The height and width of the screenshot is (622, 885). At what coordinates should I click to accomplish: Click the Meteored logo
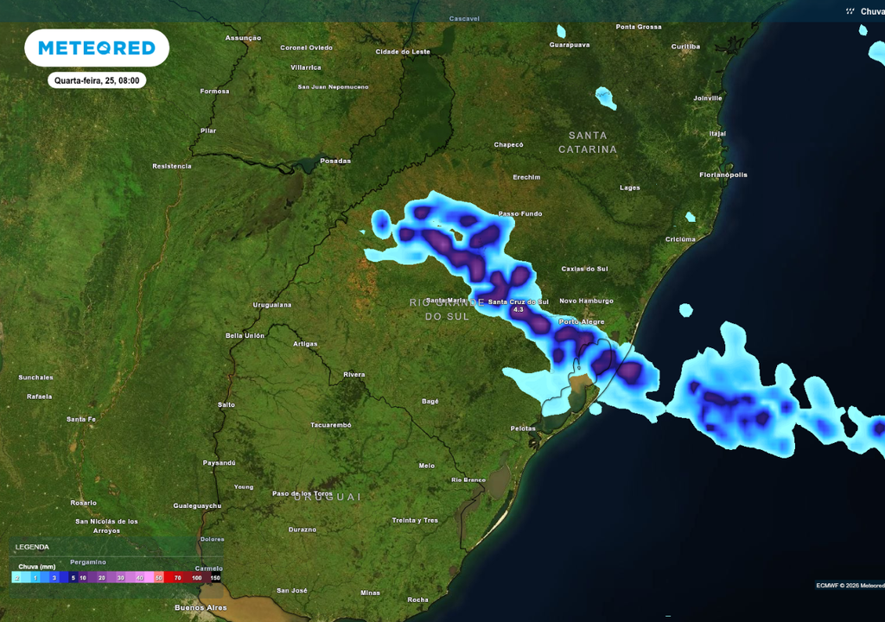96,48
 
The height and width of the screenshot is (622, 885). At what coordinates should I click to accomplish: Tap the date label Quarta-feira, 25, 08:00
96,80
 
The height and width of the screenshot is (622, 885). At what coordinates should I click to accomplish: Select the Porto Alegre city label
582,321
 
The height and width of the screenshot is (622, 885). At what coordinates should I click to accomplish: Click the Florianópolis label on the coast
723,175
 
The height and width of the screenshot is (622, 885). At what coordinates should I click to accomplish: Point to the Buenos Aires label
201,607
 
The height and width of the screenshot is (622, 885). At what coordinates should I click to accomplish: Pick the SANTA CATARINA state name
588,143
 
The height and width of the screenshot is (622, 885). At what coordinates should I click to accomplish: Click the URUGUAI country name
327,497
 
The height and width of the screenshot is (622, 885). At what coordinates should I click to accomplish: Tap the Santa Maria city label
446,301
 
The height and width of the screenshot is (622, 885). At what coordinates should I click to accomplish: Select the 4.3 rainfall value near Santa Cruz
518,309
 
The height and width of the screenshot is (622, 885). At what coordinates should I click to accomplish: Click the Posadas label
335,161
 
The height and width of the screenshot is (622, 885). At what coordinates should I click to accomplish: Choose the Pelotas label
523,428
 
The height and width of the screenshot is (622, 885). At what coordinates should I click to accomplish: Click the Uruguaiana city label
271,305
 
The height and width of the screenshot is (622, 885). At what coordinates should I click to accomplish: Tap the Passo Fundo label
520,213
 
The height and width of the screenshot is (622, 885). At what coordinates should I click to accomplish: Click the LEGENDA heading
32,546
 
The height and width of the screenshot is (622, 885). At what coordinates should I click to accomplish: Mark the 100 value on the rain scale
197,577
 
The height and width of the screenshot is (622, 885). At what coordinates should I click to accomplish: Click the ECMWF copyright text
850,586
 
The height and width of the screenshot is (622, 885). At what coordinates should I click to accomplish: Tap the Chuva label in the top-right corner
871,11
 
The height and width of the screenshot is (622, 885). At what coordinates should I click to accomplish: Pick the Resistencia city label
171,166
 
